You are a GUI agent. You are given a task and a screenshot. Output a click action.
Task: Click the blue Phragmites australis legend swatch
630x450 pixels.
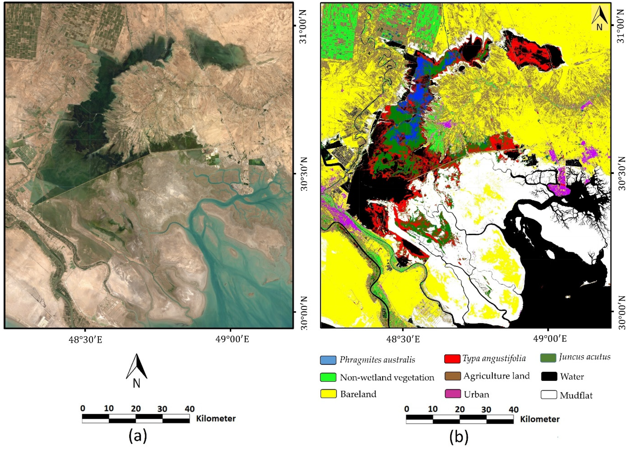pos(328,360)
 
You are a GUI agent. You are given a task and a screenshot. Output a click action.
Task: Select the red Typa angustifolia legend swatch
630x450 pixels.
pos(452,359)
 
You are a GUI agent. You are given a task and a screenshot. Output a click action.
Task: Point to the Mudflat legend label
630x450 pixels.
pos(576,395)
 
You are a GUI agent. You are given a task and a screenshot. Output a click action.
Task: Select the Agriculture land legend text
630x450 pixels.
pos(496,376)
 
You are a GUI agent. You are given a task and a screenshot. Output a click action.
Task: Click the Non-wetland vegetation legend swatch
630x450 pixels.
pos(328,377)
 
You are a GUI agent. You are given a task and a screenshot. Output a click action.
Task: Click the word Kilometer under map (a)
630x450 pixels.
pos(216,418)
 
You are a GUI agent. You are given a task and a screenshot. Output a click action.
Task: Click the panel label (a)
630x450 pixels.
pos(138,437)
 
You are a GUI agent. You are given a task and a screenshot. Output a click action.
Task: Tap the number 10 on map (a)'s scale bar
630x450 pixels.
pos(109,409)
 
